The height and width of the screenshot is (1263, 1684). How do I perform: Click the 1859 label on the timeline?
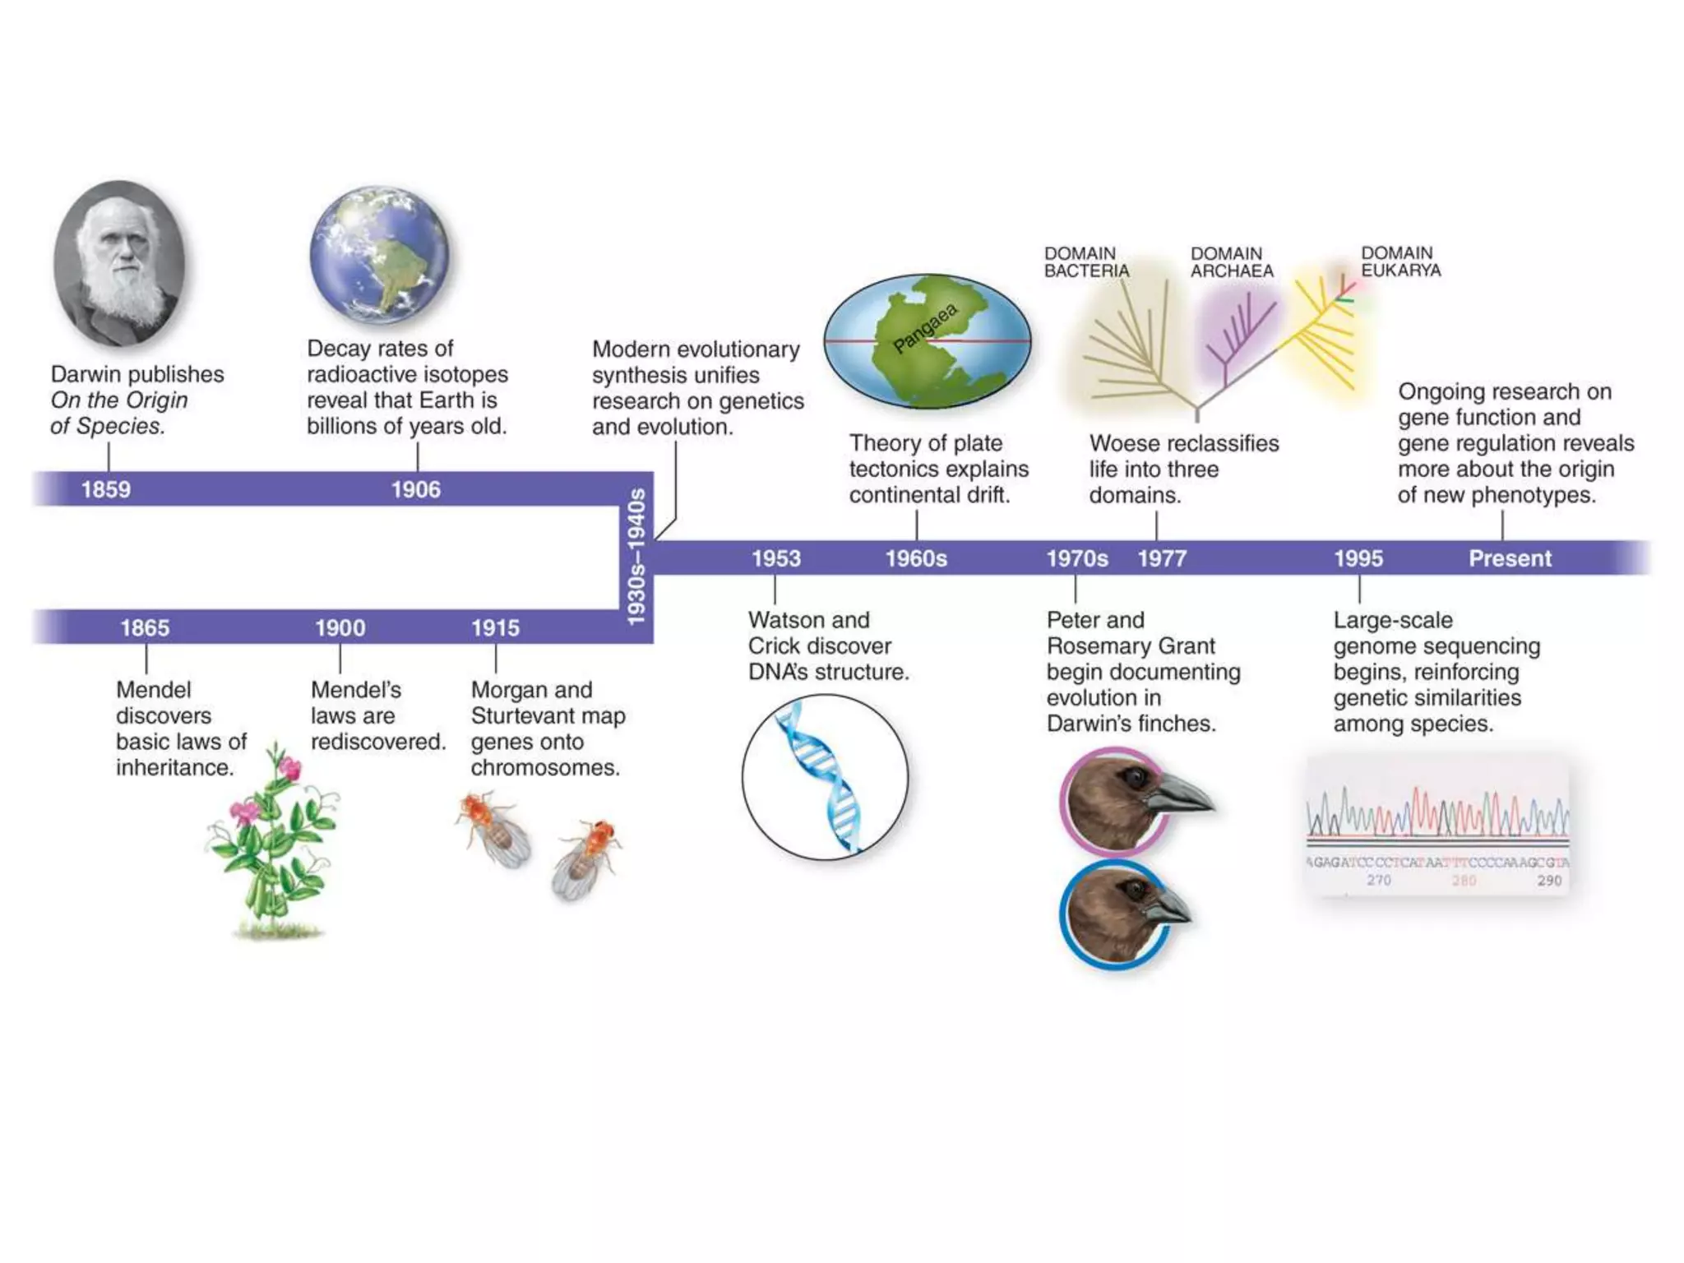point(105,489)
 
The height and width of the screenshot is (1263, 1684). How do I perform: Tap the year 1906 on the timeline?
point(415,489)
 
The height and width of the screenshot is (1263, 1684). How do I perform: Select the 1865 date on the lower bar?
point(145,627)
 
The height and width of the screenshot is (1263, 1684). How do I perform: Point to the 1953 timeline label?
point(775,558)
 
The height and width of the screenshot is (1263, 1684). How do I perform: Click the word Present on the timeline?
point(1510,558)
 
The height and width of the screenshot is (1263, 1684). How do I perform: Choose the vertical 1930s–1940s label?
point(636,557)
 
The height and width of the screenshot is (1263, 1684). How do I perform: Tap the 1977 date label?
point(1162,558)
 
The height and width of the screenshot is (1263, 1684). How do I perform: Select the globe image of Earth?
point(380,255)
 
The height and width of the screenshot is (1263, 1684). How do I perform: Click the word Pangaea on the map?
point(926,327)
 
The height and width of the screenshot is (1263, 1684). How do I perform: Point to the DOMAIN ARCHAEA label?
point(1232,262)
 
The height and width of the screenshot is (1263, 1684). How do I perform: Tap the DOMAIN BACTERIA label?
point(1086,262)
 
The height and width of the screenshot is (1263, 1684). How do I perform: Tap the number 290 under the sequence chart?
point(1549,880)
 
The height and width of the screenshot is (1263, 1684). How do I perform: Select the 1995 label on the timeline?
point(1358,558)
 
